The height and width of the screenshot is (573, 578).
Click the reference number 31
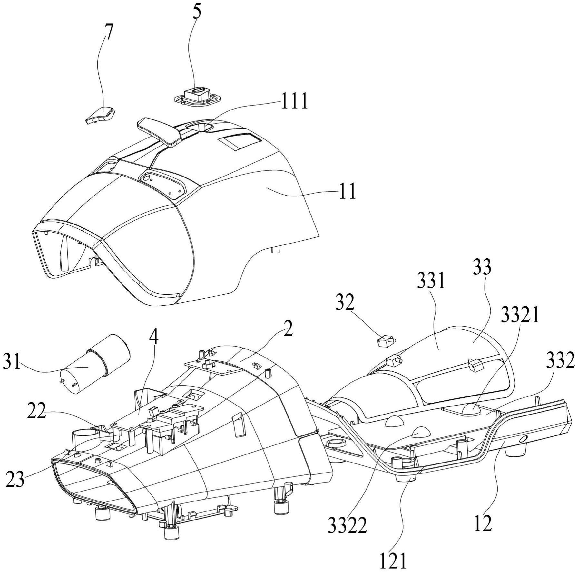[12, 361]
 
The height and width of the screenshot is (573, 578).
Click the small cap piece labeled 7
[100, 115]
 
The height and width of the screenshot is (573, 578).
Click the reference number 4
[155, 342]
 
